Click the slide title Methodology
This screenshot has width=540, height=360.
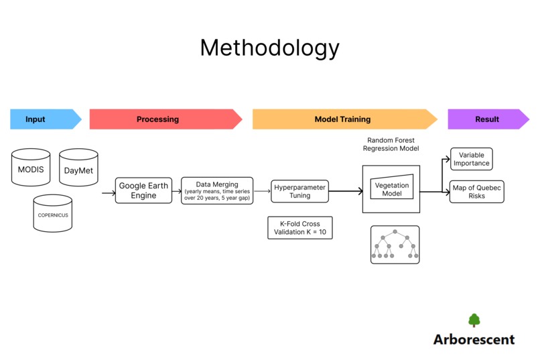269,48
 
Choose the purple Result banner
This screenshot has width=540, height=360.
487,119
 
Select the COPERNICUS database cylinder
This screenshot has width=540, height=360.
52,215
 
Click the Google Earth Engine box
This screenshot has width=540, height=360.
143,191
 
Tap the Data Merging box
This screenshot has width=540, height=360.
218,191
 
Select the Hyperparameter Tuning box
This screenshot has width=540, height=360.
299,191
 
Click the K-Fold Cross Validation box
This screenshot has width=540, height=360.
299,228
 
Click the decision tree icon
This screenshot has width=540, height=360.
395,245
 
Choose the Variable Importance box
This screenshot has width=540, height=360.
471,159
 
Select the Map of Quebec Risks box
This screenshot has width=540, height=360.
476,191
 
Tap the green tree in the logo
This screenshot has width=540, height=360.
474,320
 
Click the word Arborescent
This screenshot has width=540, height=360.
474,339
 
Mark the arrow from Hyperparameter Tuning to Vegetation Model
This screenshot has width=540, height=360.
345,192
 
